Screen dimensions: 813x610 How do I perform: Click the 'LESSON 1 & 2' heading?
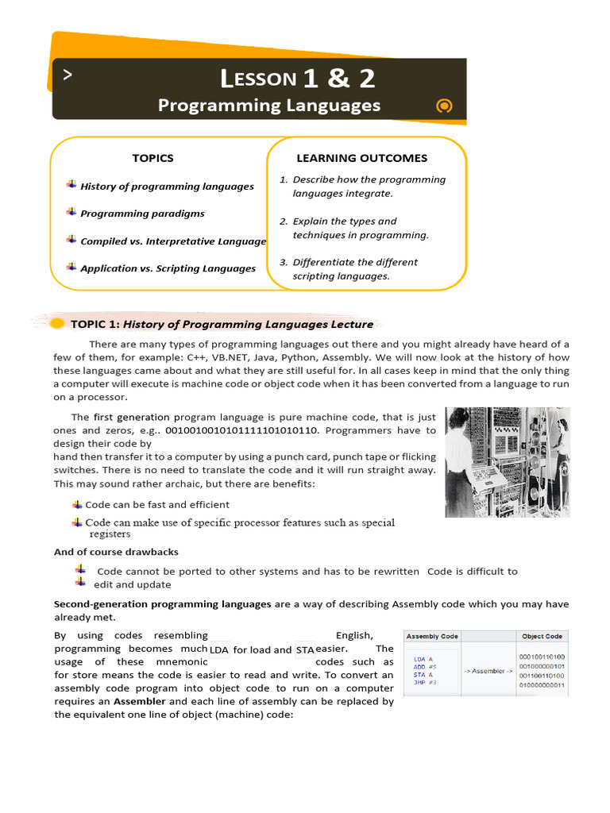coord(298,78)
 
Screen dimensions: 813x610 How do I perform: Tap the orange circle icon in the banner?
coord(445,106)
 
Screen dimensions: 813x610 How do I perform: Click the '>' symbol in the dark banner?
coord(68,75)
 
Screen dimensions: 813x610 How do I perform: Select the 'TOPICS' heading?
coord(152,158)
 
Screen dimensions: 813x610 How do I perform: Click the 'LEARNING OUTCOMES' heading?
coord(361,158)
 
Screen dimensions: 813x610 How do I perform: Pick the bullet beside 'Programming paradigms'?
coord(71,212)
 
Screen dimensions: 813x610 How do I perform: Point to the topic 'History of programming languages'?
coord(167,187)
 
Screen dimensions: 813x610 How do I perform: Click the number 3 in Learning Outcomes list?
coord(283,262)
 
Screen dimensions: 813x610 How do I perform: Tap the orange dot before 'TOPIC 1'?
coord(57,324)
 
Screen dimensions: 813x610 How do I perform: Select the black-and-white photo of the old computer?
coord(507,462)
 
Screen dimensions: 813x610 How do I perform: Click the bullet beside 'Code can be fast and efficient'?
coord(77,504)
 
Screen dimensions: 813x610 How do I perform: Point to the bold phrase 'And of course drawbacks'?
coord(116,552)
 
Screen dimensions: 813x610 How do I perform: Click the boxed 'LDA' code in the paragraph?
coord(218,649)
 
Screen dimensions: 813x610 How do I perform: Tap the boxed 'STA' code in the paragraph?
coord(305,649)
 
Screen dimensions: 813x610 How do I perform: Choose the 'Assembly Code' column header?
coord(432,637)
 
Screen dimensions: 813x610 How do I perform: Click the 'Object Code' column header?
coord(542,637)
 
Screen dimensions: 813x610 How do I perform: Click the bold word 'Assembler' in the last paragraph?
coord(140,702)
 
